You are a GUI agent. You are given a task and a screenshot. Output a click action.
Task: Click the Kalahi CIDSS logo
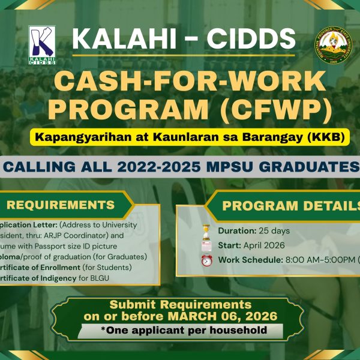42,46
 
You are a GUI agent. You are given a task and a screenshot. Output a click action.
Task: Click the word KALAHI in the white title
116,40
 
